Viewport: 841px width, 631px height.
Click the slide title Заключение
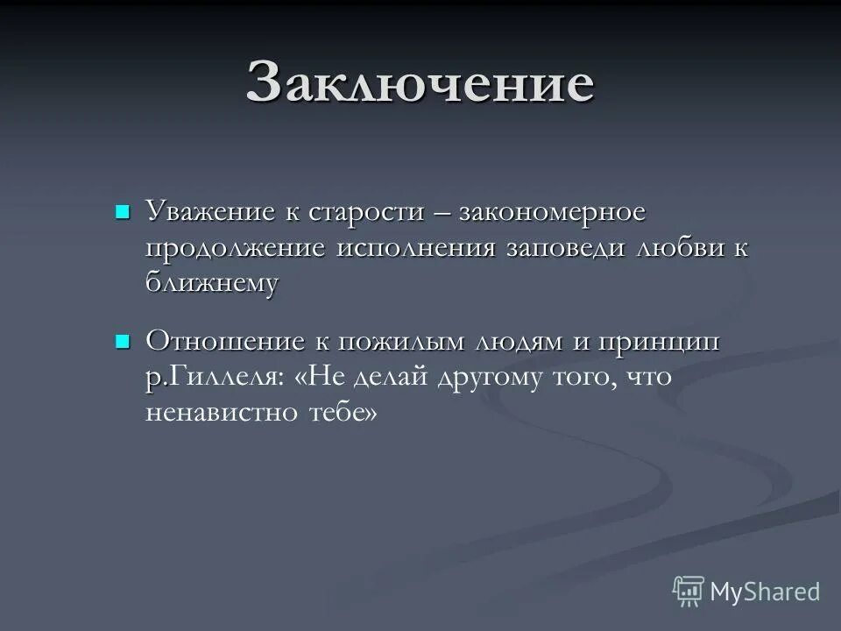[420, 84]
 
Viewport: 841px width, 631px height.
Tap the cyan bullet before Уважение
[123, 211]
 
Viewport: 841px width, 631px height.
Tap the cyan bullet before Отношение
[123, 340]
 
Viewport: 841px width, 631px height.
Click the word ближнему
[212, 283]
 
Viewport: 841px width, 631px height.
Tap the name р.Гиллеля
[214, 377]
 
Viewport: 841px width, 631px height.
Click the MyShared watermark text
[765, 592]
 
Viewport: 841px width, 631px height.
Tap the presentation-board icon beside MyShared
[689, 592]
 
